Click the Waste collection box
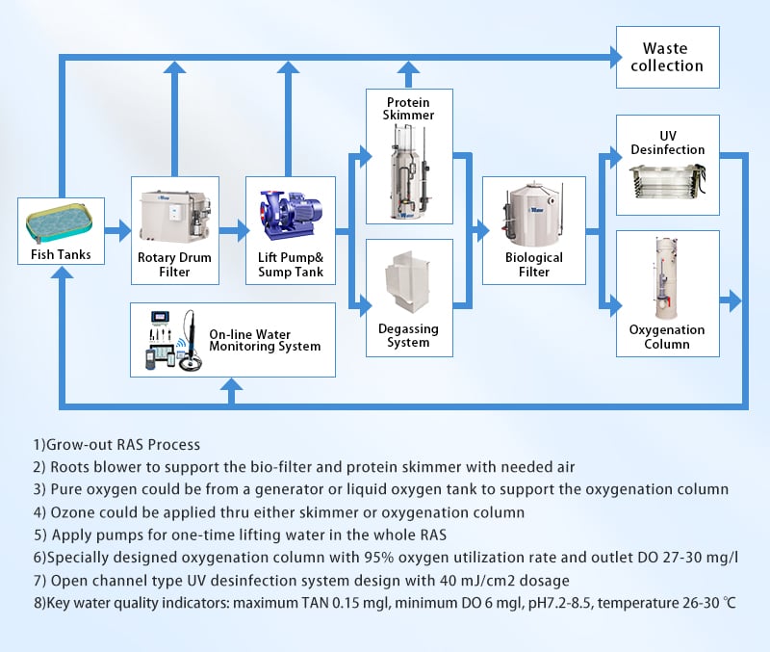point(668,57)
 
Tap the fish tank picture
point(60,223)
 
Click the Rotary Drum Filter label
point(174,264)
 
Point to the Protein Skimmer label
point(408,109)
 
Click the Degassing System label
point(408,335)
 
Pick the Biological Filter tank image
point(532,214)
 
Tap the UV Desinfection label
point(668,143)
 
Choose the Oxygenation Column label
point(667,336)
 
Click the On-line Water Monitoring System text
point(265,340)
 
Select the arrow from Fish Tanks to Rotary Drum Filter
point(117,231)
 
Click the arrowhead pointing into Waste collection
point(616,58)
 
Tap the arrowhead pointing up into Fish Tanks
point(62,272)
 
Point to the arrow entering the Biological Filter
point(476,230)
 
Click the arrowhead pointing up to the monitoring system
point(231,383)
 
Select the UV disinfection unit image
point(667,181)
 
